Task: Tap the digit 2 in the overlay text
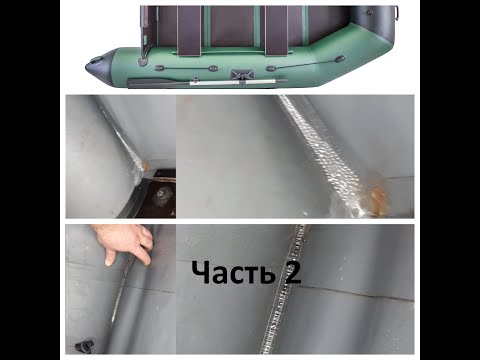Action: click(x=291, y=272)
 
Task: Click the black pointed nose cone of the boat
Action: click(x=98, y=64)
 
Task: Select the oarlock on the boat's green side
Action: click(x=242, y=74)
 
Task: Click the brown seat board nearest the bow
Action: click(x=276, y=31)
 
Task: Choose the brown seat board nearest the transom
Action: click(x=189, y=31)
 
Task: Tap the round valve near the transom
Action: click(x=143, y=61)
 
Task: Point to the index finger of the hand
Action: click(x=108, y=257)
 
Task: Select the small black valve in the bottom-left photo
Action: click(x=83, y=346)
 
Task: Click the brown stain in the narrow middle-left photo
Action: click(x=145, y=164)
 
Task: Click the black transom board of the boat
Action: click(x=148, y=27)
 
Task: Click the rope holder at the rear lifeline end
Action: click(x=159, y=68)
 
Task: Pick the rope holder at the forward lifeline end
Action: click(x=339, y=59)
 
